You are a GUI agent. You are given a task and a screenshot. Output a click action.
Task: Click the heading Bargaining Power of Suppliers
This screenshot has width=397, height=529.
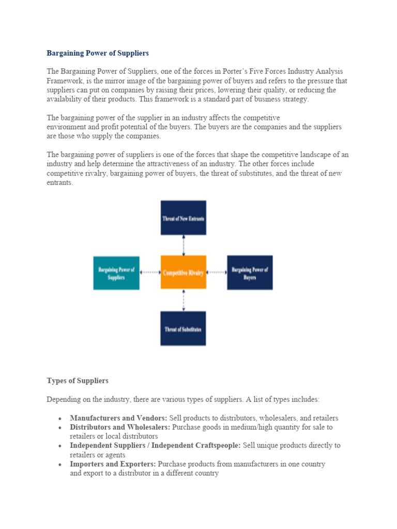tap(98, 53)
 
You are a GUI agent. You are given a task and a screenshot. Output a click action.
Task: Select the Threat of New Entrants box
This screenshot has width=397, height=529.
tap(183, 217)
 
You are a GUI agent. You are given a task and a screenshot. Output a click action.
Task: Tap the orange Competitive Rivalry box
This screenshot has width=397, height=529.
tap(183, 272)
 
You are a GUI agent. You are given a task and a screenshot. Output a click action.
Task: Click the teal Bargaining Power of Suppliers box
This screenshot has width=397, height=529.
tap(116, 273)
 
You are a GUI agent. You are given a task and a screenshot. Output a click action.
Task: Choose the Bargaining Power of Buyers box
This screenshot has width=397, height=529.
tap(250, 272)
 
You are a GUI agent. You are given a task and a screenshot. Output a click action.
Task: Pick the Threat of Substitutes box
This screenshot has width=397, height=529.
tap(183, 328)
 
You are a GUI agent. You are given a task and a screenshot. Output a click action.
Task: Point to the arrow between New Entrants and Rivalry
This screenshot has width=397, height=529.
tap(184, 245)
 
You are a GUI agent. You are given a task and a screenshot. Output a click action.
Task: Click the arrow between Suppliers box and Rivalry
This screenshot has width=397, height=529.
tap(150, 272)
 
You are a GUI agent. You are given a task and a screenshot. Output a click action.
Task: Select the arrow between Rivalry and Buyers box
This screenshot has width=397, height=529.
tap(217, 272)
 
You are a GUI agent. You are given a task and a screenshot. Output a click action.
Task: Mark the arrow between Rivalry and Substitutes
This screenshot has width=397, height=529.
tap(184, 300)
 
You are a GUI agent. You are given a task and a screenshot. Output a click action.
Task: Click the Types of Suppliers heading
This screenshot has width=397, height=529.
tap(78, 381)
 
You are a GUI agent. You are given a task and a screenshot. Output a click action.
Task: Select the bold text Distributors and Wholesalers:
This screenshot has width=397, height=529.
tap(120, 427)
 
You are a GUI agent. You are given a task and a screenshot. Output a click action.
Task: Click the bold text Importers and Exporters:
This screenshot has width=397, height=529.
tap(113, 464)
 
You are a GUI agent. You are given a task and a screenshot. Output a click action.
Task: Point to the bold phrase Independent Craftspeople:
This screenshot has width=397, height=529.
tap(197, 445)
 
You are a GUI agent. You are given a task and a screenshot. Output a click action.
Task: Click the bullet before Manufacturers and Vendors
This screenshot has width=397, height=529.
tap(60, 418)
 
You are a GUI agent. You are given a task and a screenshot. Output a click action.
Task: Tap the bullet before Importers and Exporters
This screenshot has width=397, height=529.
tap(60, 464)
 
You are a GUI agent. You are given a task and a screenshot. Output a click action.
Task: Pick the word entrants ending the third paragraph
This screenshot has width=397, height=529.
tap(59, 183)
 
